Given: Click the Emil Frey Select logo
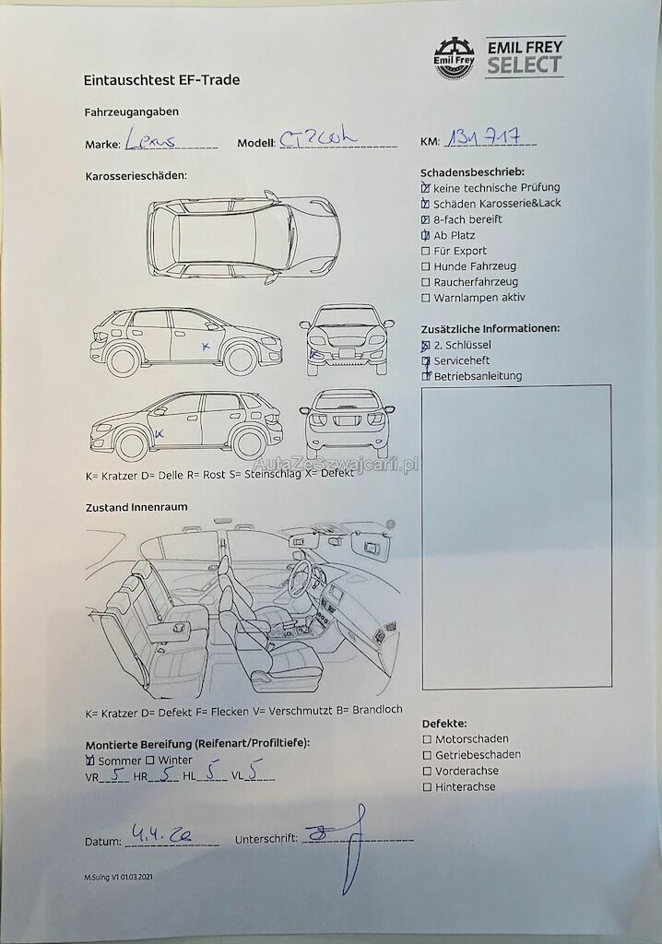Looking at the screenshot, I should pos(499,57).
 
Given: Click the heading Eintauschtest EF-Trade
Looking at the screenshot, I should pos(161,80).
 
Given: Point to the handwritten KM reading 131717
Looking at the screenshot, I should pos(489,138).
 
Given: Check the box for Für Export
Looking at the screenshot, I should pos(425,251).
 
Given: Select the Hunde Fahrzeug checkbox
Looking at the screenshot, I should pos(425,266).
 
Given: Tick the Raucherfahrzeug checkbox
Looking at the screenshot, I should pos(425,282).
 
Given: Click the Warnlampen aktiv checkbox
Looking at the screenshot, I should pos(425,298).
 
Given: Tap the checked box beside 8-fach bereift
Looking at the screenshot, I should pos(425,219).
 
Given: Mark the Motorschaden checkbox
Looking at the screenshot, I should pos(426,739).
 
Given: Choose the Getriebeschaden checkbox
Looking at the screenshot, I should pos(426,755).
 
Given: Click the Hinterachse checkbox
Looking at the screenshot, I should pos(426,787).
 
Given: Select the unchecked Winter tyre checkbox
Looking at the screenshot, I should pos(149,761).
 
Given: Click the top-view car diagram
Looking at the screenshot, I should pos(243,237).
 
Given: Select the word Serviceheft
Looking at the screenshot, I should pos(462,360).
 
